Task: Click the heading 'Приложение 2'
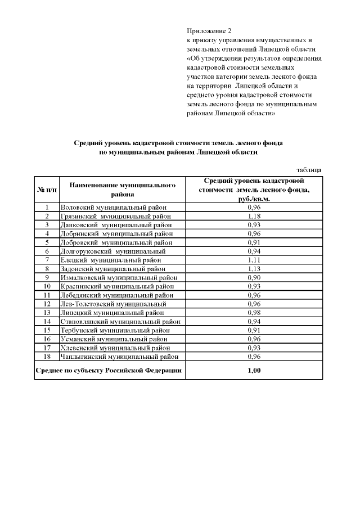click(x=209, y=30)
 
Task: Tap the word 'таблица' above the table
click(x=309, y=170)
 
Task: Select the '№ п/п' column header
click(x=47, y=190)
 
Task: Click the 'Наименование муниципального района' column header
click(x=122, y=190)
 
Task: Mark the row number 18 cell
click(x=47, y=357)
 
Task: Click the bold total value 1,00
click(x=255, y=370)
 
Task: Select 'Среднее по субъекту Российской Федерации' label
click(x=109, y=370)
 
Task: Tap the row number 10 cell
click(x=47, y=286)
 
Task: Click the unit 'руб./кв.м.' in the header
click(x=255, y=199)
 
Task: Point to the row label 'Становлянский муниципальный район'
click(x=120, y=321)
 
